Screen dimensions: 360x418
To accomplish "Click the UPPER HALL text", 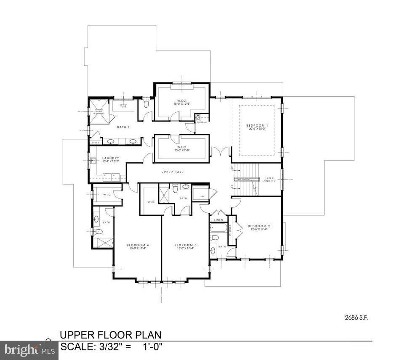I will click(x=173, y=172).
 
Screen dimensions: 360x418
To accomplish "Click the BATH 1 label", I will click(x=123, y=127).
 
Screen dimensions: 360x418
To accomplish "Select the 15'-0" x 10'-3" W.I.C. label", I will click(x=181, y=102).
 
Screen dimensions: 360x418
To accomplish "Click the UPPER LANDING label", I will click(x=269, y=179).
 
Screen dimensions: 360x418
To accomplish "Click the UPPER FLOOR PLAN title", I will click(x=110, y=335).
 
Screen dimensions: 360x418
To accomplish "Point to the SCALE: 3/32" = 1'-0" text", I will click(x=112, y=347).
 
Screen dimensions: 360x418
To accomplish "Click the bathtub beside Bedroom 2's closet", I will click(x=218, y=229).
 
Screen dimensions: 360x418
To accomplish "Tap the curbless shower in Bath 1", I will click(x=99, y=111).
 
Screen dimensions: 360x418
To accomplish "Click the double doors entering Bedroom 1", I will click(x=221, y=151).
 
